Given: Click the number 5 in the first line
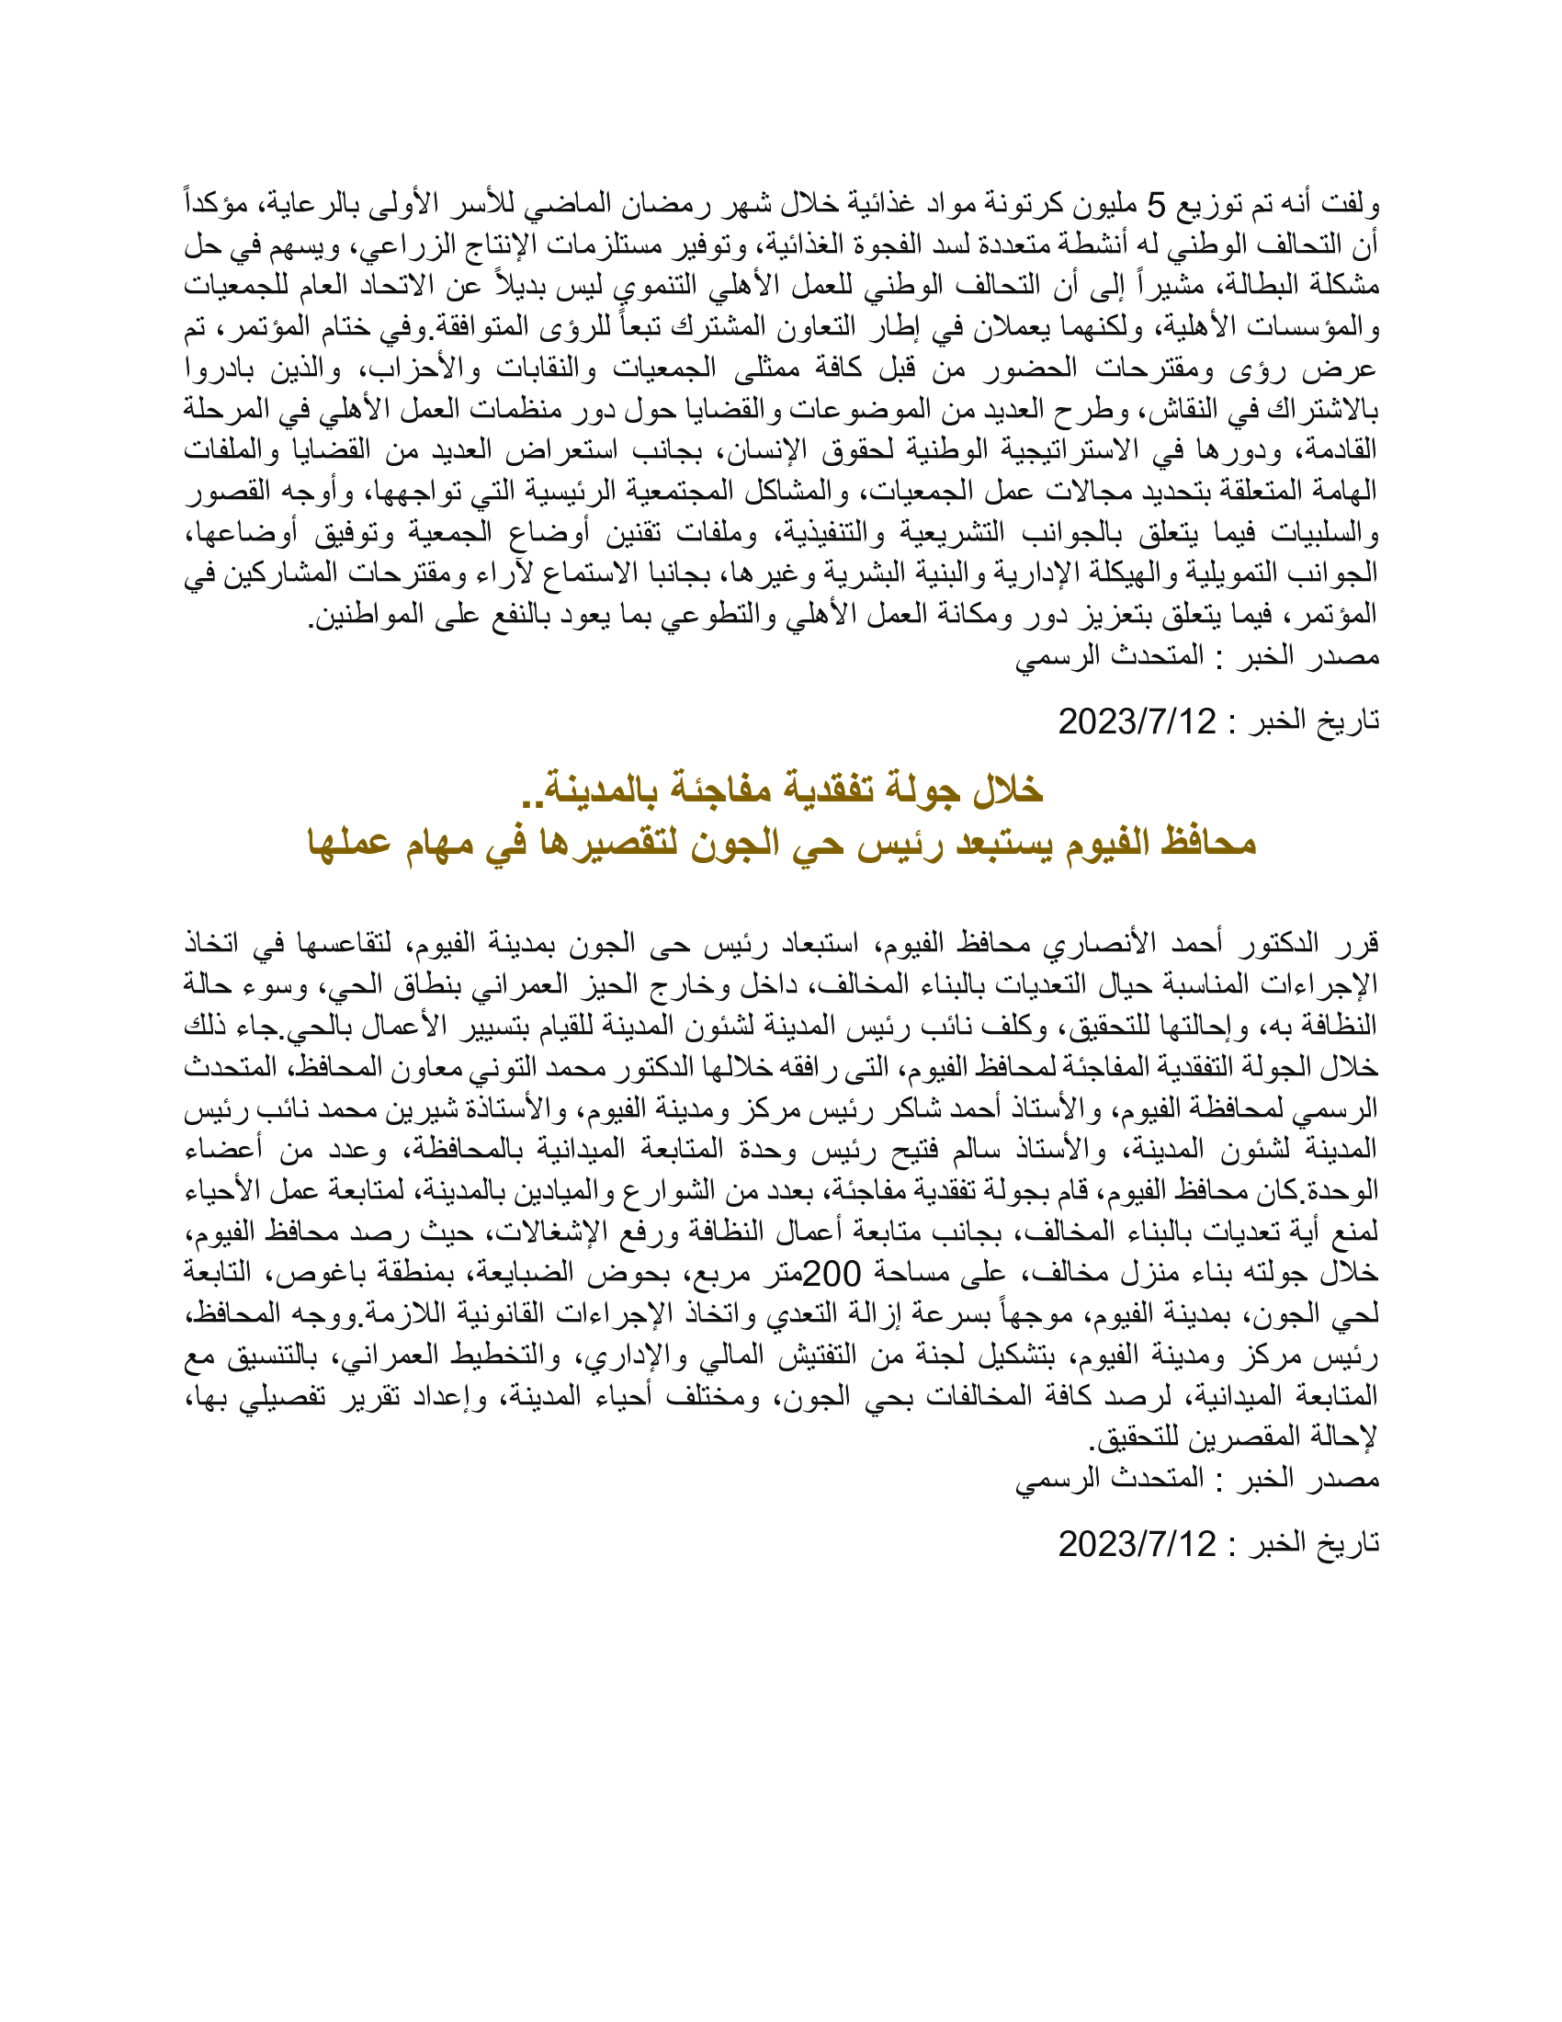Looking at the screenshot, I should pos(1158,203).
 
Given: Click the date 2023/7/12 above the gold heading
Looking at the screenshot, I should pos(1138,721).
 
